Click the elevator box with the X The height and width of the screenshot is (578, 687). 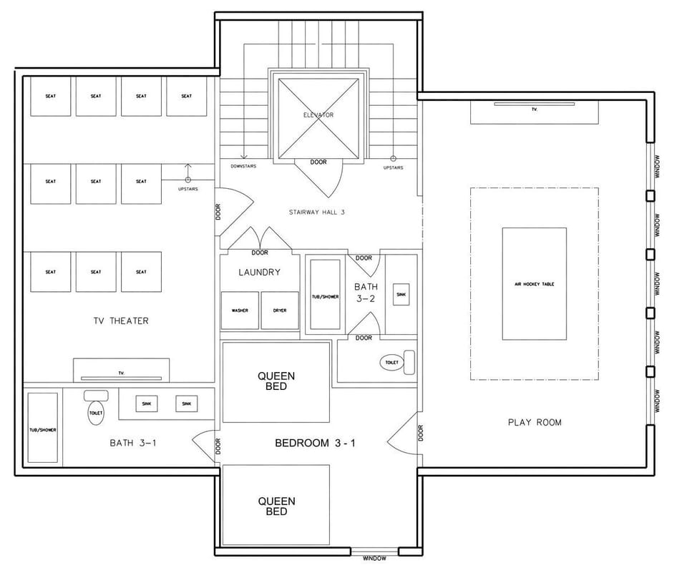click(x=318, y=119)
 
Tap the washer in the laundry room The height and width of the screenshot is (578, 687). click(x=240, y=310)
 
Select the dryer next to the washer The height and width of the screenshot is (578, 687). click(x=279, y=310)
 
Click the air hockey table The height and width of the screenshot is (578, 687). click(x=534, y=284)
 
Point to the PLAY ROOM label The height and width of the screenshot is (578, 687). click(x=535, y=422)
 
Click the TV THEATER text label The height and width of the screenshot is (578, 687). click(x=121, y=320)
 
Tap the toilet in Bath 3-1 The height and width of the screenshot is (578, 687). click(x=96, y=411)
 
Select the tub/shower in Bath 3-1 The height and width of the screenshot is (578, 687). click(x=43, y=429)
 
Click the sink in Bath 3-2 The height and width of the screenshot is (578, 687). click(x=401, y=294)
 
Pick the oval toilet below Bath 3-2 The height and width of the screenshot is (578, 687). click(x=392, y=363)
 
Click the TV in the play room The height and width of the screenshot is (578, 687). click(x=534, y=110)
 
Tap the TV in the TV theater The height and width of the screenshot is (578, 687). click(x=121, y=372)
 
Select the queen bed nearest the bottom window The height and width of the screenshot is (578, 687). click(x=276, y=506)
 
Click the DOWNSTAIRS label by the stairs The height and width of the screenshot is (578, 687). click(x=243, y=167)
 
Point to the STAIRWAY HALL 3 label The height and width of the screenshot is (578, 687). click(x=317, y=212)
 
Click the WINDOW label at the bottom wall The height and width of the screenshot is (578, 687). click(x=374, y=558)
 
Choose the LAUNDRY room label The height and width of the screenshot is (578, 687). click(x=259, y=272)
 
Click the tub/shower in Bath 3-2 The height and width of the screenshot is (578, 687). click(x=326, y=295)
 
